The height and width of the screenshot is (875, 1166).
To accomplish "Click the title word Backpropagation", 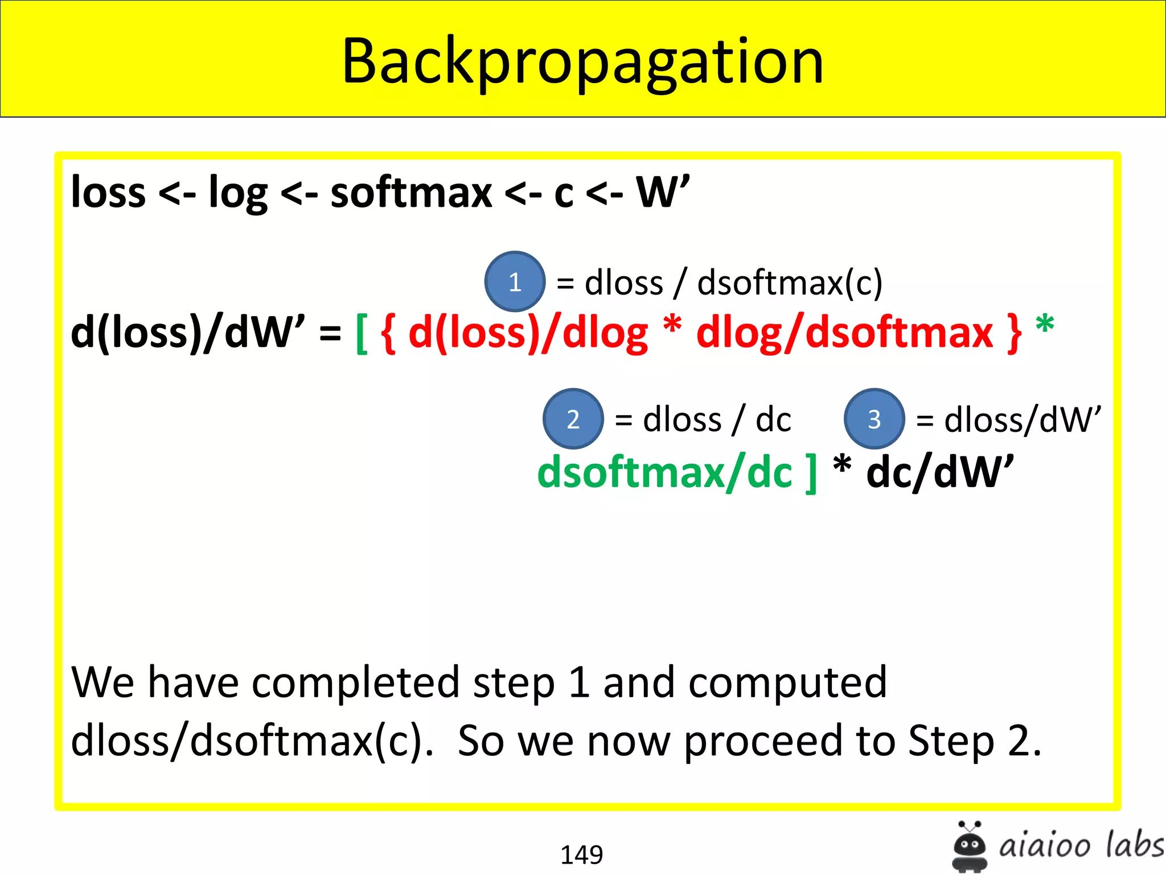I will (x=582, y=62).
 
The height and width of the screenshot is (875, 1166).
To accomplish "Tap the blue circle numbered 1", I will (x=515, y=281).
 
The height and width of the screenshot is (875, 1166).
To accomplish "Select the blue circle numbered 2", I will (x=573, y=419).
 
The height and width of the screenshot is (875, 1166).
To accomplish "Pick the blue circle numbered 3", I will (x=874, y=419).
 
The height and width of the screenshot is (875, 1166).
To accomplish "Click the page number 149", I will (x=581, y=854).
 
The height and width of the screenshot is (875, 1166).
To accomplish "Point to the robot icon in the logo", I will (x=969, y=847).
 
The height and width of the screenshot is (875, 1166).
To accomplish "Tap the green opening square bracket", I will (x=362, y=333).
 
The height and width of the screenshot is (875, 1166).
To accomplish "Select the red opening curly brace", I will (x=388, y=333).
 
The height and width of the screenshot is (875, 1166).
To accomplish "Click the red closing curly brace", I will (x=1014, y=333).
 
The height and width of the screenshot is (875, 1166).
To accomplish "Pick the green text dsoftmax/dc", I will (x=664, y=472).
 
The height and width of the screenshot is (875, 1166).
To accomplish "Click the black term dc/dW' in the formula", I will (x=939, y=472).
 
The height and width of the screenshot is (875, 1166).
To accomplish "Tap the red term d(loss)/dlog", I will (x=528, y=333).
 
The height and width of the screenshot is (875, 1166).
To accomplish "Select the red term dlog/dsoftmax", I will (x=844, y=333).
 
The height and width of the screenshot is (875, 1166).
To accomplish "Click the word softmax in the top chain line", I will (x=411, y=193).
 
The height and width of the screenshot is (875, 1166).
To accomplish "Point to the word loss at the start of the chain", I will (x=108, y=193).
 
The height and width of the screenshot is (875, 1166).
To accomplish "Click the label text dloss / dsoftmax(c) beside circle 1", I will (x=733, y=283).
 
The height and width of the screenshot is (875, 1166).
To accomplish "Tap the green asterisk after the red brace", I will (x=1045, y=326).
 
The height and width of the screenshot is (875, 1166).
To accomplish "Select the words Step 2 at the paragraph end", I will (x=974, y=741).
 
